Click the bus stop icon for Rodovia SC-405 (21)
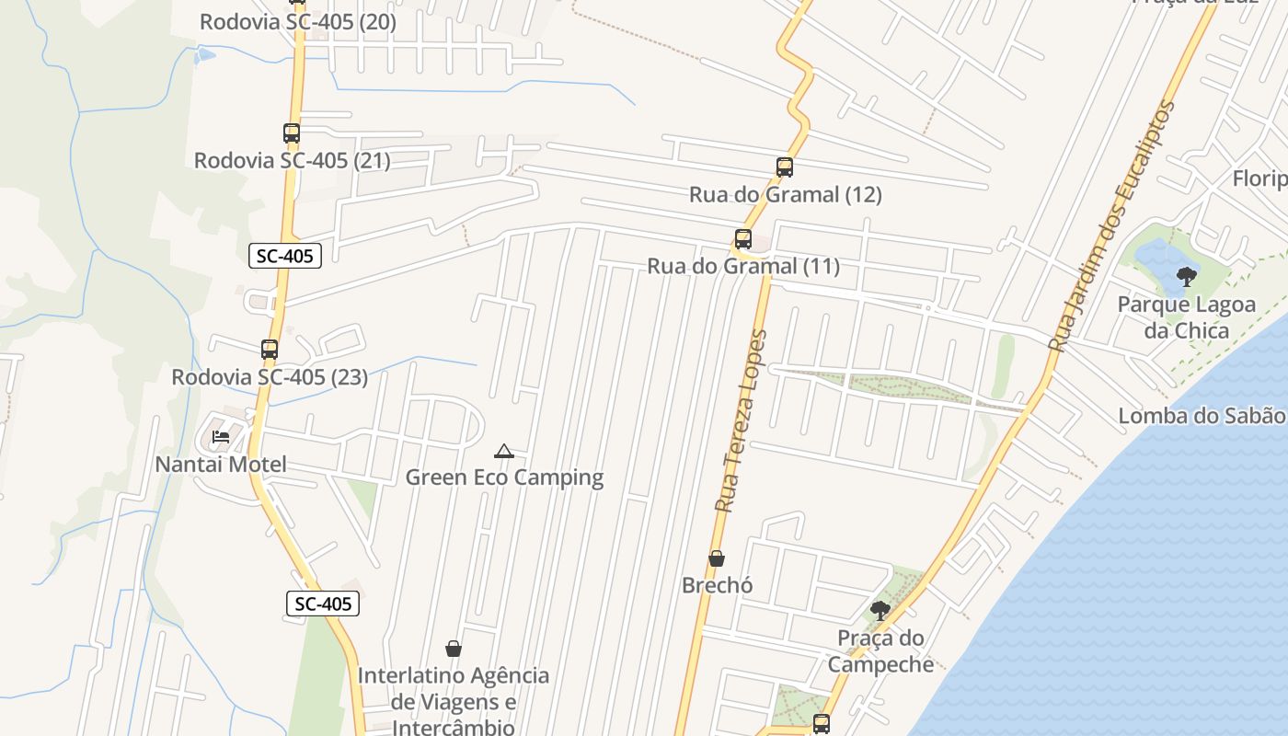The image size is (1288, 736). coord(292,133)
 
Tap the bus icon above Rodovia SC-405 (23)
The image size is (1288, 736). coord(270,350)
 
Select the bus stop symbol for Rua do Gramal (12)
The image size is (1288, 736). coord(785,167)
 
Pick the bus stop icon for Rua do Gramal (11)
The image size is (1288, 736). coord(743,239)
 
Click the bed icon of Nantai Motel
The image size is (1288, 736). coord(221,436)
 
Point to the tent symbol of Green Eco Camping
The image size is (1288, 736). coord(503,451)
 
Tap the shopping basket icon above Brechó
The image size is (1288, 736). coord(717,558)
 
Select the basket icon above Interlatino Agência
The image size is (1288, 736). coord(454,649)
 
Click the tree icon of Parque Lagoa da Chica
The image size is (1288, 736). coord(1187,275)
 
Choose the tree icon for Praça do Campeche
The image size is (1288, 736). coord(880,610)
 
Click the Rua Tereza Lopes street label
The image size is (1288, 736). coord(741,420)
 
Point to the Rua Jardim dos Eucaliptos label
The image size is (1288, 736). coord(1112,226)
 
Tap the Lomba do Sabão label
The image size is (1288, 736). coord(1201,416)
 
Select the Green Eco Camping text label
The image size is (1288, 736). coord(504,477)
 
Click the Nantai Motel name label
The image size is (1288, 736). coord(221,465)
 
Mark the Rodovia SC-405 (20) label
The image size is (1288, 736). coord(298,22)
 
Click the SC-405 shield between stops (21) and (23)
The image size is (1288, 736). coord(285,256)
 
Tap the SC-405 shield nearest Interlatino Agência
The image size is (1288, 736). coord(323,604)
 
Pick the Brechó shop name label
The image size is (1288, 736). coord(718,585)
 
